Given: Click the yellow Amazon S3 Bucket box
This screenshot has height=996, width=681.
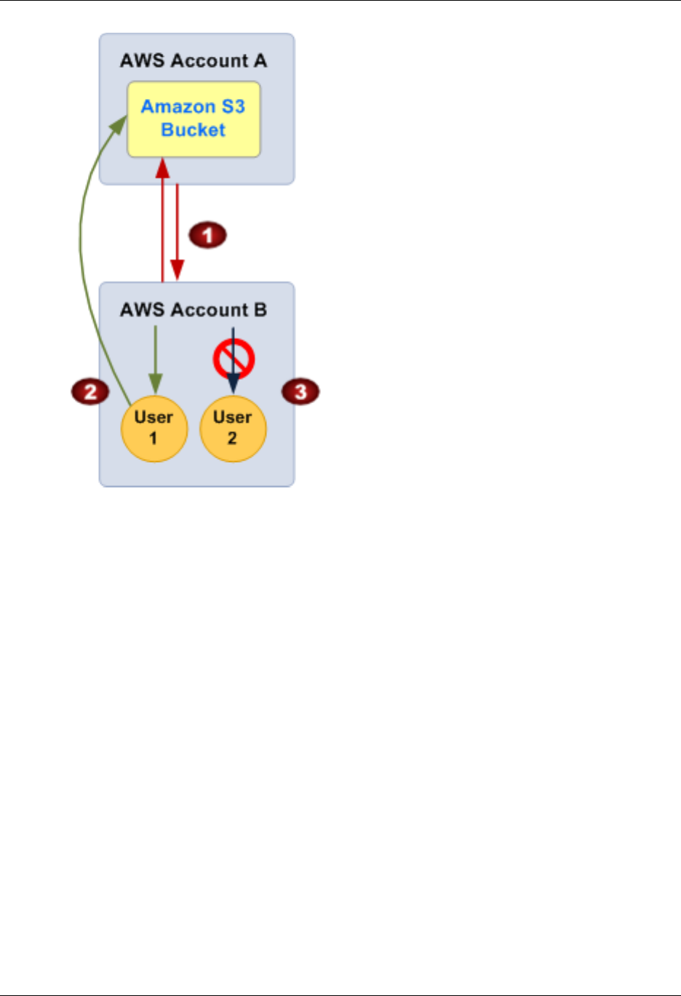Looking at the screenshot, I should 194,119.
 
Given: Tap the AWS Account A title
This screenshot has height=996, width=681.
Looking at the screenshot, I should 194,61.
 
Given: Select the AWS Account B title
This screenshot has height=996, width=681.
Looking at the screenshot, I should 194,310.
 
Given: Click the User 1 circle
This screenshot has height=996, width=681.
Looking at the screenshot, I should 154,429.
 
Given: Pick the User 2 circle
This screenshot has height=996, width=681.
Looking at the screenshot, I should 233,429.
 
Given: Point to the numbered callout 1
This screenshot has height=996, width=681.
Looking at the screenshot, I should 208,235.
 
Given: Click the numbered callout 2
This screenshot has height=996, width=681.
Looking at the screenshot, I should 90,392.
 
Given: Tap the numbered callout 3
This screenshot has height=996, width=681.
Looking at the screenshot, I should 300,392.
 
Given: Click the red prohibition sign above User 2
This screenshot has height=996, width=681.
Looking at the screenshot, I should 234,359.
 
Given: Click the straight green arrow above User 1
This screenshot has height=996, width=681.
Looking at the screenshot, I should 156,356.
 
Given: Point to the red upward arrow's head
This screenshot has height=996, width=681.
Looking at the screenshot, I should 163,168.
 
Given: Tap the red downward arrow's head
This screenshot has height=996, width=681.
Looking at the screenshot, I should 177,269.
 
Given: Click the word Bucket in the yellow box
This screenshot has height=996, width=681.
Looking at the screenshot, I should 194,130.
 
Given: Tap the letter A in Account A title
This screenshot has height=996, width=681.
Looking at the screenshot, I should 260,61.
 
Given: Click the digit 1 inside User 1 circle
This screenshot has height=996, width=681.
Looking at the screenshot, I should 153,439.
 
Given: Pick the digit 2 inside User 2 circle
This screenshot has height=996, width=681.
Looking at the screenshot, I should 232,439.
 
